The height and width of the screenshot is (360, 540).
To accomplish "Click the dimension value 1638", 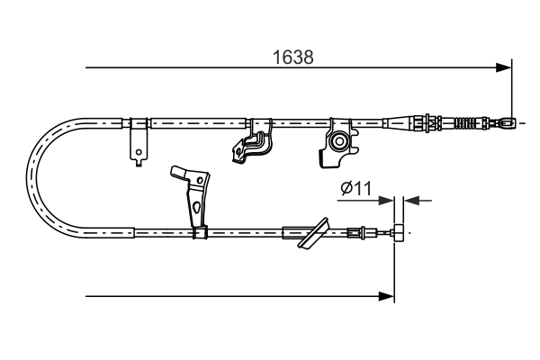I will [293, 57].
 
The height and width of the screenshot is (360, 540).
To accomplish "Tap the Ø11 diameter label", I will [356, 188].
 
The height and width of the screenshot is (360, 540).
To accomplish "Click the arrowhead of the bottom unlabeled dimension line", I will [388, 295].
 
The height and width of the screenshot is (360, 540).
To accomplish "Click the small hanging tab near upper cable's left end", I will [138, 145].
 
